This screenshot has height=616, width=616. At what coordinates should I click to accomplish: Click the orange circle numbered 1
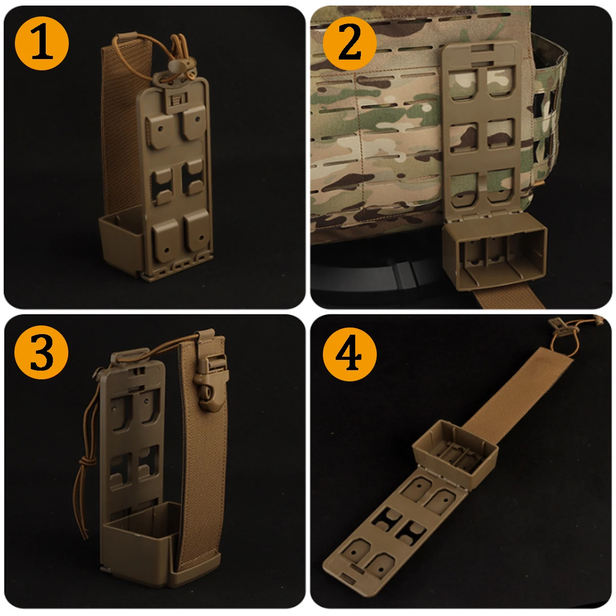42,43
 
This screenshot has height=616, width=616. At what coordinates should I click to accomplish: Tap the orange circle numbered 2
350,43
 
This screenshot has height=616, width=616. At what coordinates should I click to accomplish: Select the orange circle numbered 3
41,352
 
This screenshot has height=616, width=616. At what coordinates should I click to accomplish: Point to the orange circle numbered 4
350,354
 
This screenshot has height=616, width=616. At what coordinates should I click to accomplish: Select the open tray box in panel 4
455,450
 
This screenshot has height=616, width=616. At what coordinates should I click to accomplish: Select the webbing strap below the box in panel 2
509,298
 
